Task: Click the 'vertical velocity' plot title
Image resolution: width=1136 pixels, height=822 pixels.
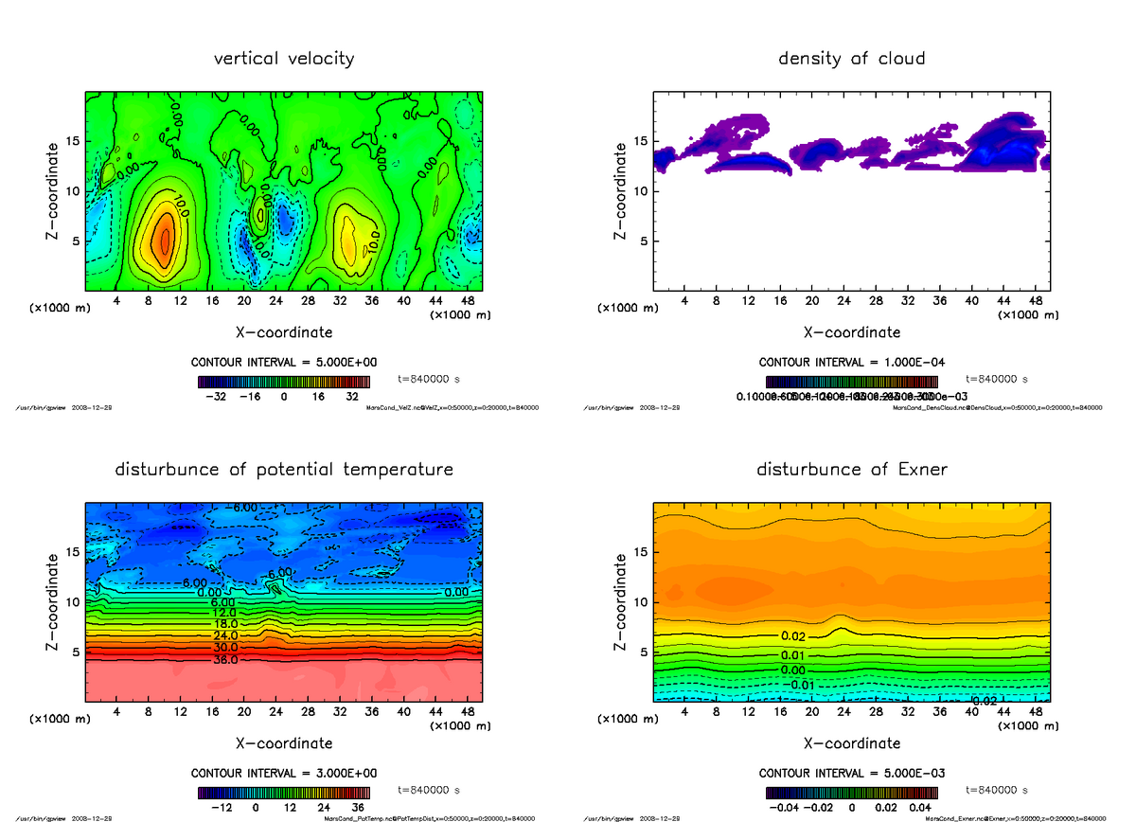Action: click(284, 59)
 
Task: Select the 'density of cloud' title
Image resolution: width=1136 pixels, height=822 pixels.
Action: click(851, 59)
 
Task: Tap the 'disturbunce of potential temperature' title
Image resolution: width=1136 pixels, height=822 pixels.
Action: click(284, 470)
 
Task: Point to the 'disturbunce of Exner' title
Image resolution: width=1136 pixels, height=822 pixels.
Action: click(851, 470)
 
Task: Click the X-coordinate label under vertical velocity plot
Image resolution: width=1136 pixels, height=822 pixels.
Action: click(284, 332)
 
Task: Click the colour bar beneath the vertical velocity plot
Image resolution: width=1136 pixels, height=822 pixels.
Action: click(284, 383)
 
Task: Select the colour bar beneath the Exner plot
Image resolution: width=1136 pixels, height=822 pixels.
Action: click(851, 794)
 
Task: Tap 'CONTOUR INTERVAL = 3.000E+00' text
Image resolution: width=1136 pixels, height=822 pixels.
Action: click(284, 773)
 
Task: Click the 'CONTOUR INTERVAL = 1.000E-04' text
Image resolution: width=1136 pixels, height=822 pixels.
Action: click(851, 362)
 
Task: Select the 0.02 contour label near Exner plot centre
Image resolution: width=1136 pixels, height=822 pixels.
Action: click(793, 635)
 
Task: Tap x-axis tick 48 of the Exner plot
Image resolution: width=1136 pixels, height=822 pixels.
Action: click(1035, 711)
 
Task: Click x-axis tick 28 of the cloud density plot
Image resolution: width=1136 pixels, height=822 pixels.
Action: click(876, 300)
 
